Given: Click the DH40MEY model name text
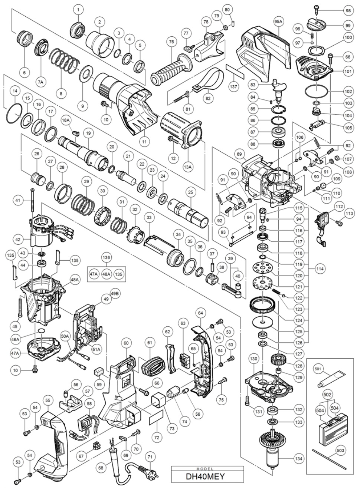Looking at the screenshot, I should click(x=203, y=475).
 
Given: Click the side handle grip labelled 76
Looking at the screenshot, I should click(x=171, y=68).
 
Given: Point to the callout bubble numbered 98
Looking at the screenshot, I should click(x=348, y=10).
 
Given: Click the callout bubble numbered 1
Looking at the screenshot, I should click(x=78, y=8).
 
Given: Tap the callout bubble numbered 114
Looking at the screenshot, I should click(x=319, y=267).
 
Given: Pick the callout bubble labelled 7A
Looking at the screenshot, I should click(x=40, y=70).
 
